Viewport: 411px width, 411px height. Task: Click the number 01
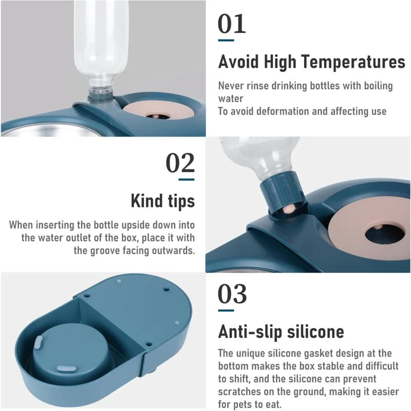232,24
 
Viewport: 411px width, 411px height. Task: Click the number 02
180,163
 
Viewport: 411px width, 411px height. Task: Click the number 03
232,293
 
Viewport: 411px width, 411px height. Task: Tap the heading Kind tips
163,201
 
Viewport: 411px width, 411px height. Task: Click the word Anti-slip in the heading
251,331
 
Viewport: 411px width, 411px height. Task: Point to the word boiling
378,86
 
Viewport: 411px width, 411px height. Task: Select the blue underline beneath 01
226,41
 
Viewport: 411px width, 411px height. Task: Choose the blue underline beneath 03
226,310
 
